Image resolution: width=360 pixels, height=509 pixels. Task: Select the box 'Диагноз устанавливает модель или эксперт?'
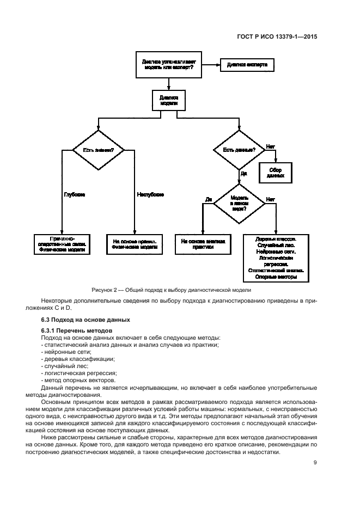click(x=169, y=66)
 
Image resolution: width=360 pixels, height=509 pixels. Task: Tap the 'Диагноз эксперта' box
click(x=246, y=65)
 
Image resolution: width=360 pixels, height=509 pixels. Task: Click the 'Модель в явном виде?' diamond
click(x=239, y=203)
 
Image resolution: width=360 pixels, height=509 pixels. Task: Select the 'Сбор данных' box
click(x=276, y=174)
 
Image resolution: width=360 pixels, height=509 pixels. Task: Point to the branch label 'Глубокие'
click(x=74, y=194)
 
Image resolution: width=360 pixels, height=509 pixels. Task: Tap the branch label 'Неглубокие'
click(x=150, y=194)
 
